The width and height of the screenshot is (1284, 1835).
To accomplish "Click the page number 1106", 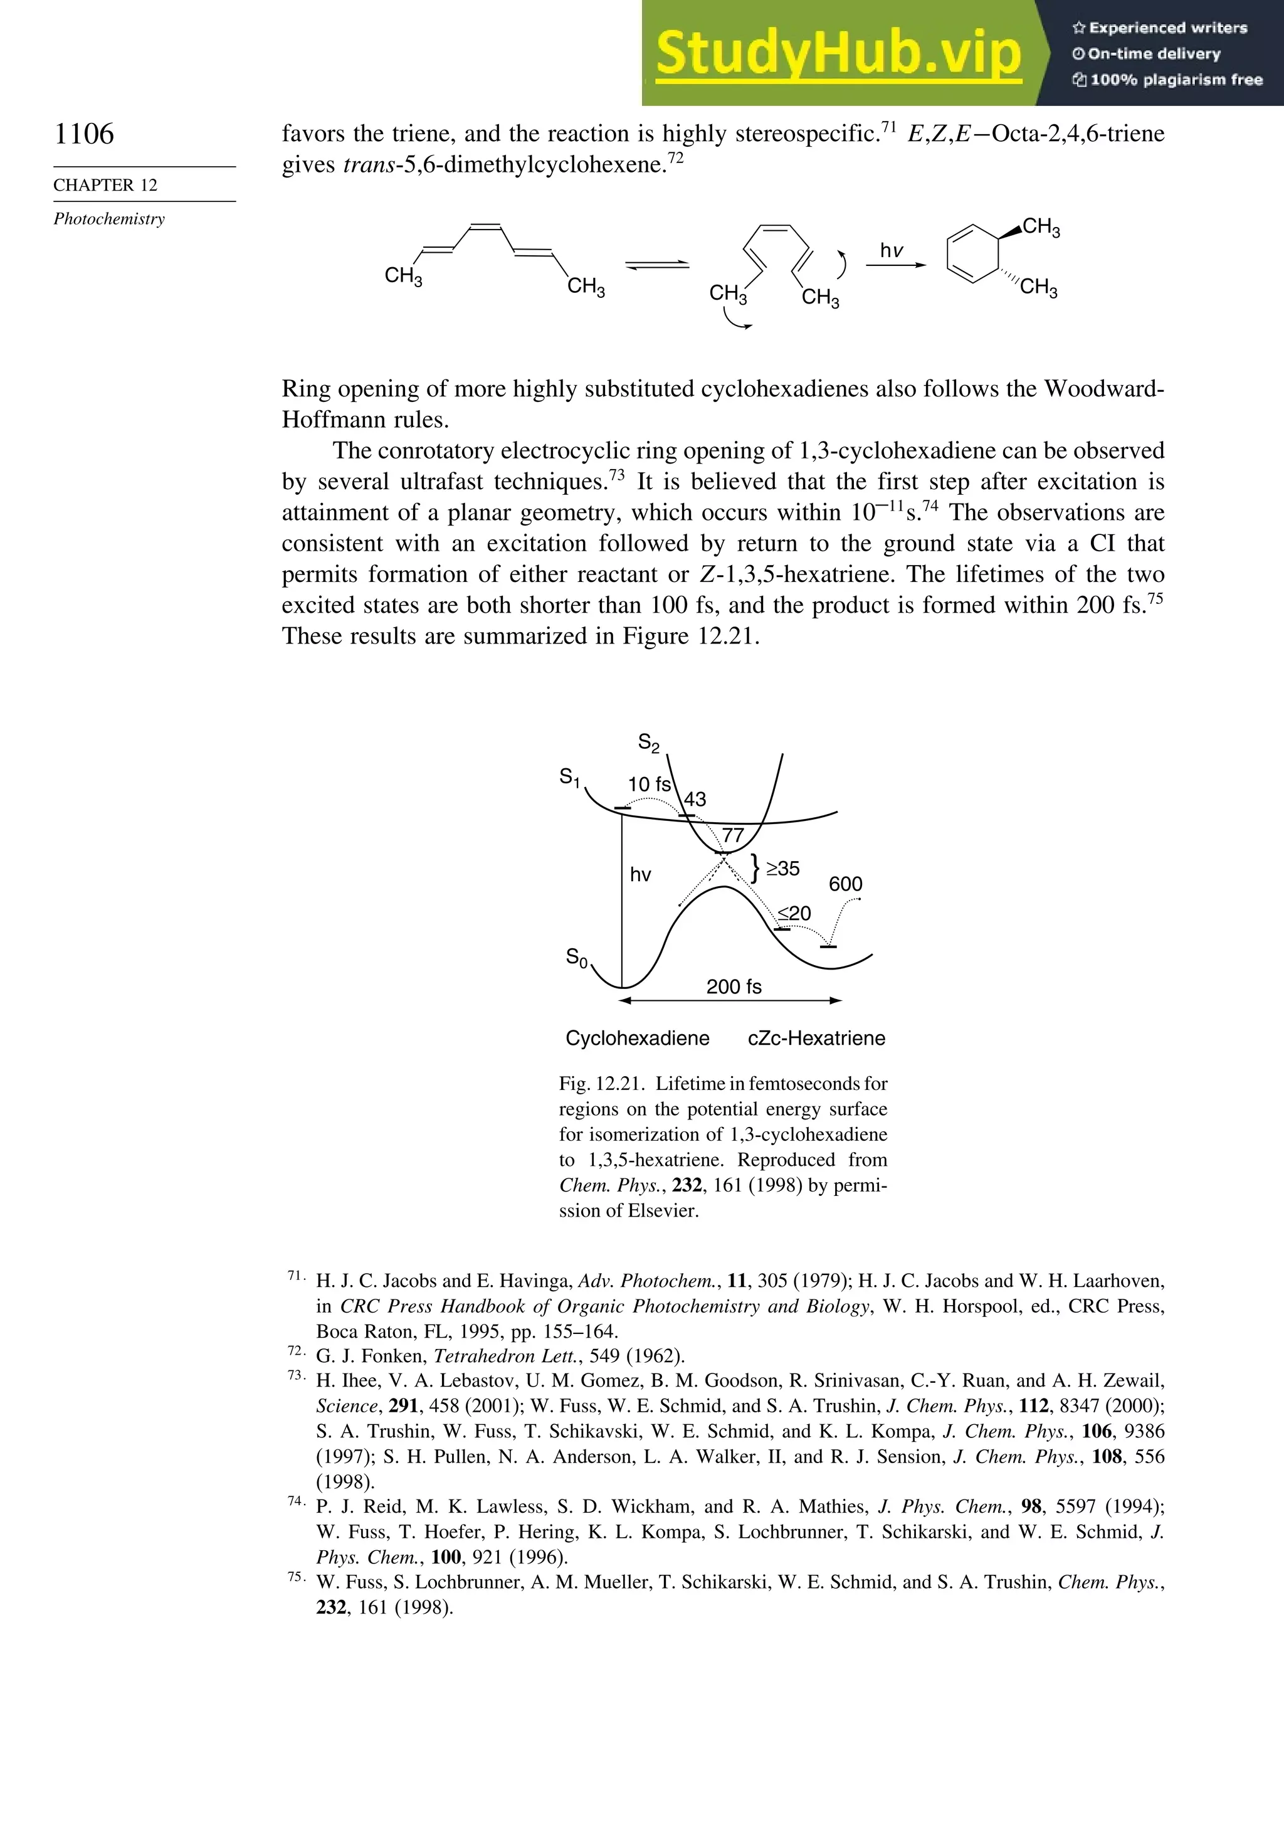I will (84, 134).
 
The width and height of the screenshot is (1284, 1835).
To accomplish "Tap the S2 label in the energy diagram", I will (649, 743).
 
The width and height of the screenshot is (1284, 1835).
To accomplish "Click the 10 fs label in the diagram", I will (649, 784).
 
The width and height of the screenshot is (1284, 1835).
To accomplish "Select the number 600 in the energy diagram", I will (845, 884).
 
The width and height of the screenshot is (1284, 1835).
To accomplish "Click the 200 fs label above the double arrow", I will (734, 986).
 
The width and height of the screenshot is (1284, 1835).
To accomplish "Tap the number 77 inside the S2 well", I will (733, 836).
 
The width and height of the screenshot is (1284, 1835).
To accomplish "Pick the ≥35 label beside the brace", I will (782, 869).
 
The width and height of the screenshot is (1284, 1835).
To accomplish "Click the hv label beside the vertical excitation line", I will (640, 874).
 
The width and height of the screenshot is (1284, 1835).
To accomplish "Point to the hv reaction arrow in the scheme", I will (895, 264).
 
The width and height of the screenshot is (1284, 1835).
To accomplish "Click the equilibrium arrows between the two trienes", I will (657, 265).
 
